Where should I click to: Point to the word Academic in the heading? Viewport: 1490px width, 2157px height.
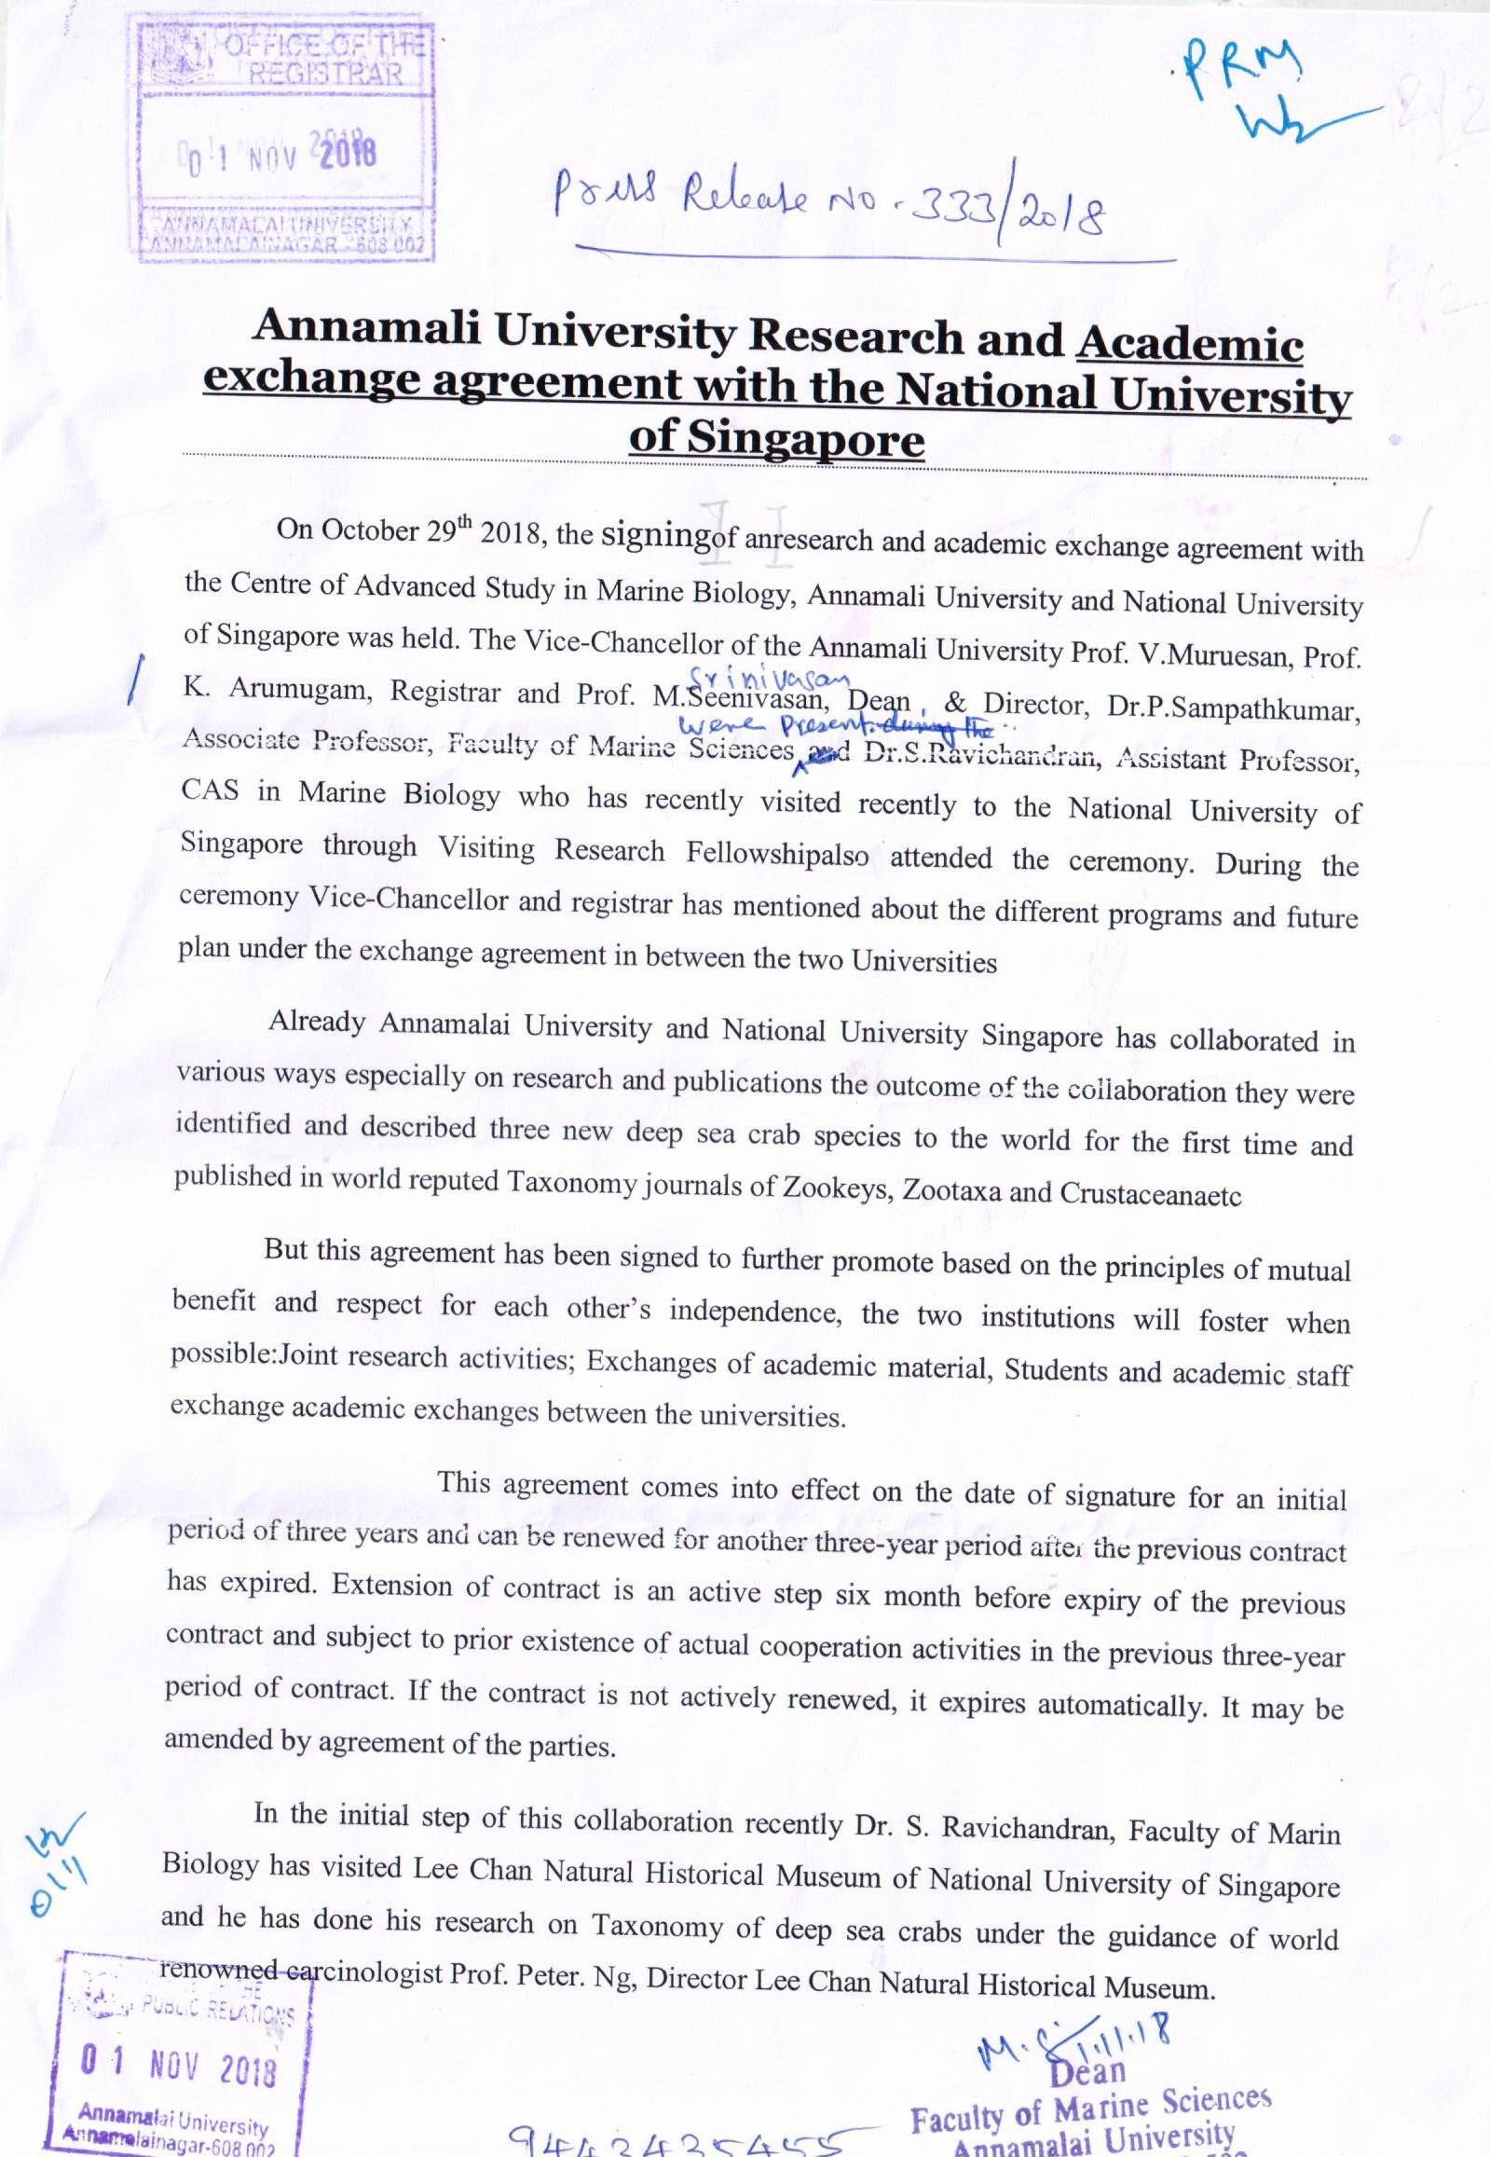(x=1189, y=344)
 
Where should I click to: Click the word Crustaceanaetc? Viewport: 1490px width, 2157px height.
(x=1150, y=1194)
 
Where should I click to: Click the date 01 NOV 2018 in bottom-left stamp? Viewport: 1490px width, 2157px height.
(x=177, y=2069)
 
